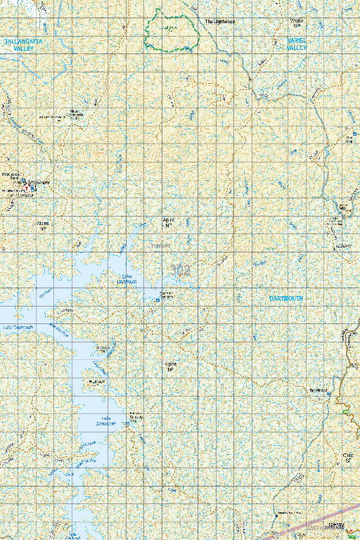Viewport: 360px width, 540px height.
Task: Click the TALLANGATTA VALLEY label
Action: (24, 45)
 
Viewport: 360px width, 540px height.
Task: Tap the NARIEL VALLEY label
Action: (297, 44)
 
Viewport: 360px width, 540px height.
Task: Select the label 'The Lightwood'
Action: (219, 22)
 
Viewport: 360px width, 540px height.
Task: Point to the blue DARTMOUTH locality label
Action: (285, 299)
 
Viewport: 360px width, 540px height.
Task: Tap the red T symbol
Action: (27, 188)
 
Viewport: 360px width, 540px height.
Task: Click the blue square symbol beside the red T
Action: (33, 188)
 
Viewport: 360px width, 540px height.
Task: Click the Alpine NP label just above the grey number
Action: (168, 223)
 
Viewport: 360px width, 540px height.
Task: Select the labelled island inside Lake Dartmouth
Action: (96, 382)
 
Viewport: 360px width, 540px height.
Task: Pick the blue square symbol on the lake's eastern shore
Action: (156, 300)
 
